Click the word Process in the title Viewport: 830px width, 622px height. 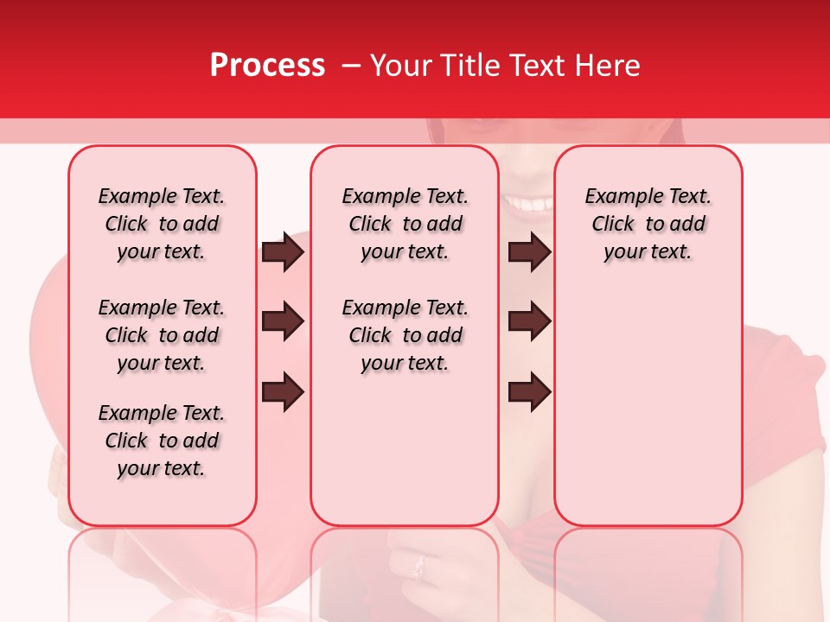pos(267,66)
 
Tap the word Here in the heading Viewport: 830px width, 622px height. pos(608,66)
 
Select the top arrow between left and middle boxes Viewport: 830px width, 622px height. pos(283,252)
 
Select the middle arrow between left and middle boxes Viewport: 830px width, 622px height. pos(283,322)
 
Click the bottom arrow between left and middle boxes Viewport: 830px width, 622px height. pos(283,392)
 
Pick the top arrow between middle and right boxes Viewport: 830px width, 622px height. pos(529,252)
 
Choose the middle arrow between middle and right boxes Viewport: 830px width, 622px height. pos(529,322)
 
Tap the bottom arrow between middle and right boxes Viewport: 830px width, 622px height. pos(529,392)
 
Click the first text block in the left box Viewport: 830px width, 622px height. pos(162,224)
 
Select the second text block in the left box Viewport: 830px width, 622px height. pos(162,335)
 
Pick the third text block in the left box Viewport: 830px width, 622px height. pos(162,441)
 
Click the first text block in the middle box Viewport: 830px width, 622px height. pos(405,224)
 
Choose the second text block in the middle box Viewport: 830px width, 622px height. pos(405,335)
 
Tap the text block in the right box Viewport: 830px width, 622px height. pos(648,224)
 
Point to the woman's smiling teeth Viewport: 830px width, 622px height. pos(528,205)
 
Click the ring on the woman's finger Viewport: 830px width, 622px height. pos(420,567)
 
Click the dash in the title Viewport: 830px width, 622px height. pos(352,67)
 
